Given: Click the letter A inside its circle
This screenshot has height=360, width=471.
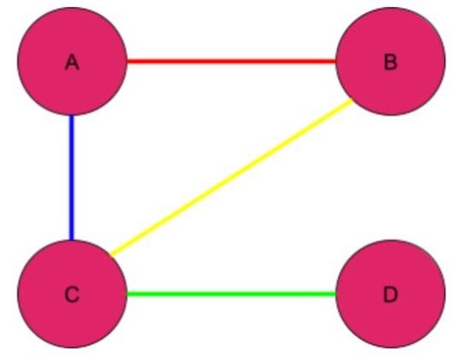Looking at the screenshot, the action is (72, 63).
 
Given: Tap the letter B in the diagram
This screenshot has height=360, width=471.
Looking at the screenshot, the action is (390, 63).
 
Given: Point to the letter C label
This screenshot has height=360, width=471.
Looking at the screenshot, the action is (72, 294).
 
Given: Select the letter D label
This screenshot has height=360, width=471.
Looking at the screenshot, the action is (390, 294).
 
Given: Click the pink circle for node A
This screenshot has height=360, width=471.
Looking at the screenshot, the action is (72, 62).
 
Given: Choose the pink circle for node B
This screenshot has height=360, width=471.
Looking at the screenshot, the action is (390, 62).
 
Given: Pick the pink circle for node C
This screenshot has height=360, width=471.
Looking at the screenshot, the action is (72, 294).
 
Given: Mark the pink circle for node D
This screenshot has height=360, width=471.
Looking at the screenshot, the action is (390, 294).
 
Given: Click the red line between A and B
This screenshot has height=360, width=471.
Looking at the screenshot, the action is (232, 62).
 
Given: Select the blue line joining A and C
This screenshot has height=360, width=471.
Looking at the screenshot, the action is (71, 177).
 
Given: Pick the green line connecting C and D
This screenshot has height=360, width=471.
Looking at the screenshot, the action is (232, 294).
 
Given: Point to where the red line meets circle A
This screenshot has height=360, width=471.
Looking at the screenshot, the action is (127, 62).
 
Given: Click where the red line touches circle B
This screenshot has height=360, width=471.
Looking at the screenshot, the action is (335, 62).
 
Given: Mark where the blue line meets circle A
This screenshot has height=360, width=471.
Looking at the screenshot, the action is (71, 116).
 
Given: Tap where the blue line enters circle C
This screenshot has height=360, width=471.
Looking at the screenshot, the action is (71, 240).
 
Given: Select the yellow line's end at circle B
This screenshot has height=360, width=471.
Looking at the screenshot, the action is (352, 101).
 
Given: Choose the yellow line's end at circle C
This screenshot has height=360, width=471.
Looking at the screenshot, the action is (112, 255).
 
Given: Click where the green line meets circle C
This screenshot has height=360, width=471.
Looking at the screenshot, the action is (127, 294).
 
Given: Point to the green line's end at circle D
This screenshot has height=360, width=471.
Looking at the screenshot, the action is (335, 294).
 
